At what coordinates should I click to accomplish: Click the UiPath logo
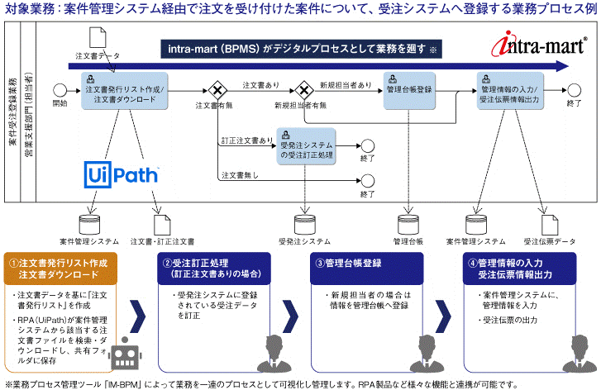click(123, 175)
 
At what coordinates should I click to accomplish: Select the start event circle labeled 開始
click(60, 88)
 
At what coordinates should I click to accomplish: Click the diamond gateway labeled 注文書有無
click(218, 89)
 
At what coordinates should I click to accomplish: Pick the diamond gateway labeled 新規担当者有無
click(303, 89)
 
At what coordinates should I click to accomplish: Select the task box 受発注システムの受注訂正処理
click(308, 146)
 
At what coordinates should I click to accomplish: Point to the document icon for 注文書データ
click(96, 38)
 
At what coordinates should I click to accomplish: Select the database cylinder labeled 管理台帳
click(408, 223)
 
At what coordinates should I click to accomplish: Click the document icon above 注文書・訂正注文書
click(162, 223)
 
